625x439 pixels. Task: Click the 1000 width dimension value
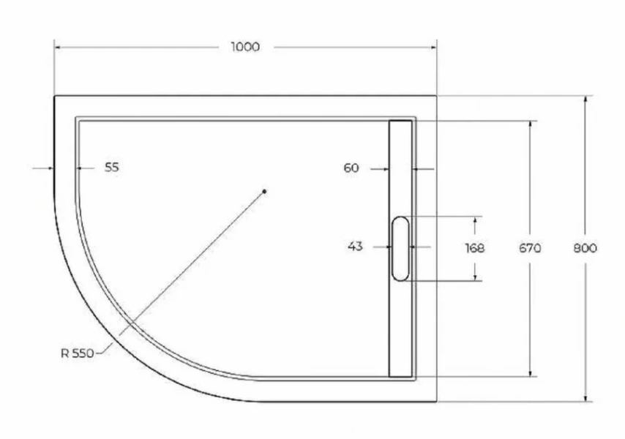245,47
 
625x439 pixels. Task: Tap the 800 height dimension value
585,248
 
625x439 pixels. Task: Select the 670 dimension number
530,248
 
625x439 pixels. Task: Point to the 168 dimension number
475,248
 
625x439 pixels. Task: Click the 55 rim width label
111,168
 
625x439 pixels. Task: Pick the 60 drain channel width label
351,168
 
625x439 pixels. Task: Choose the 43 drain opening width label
355,247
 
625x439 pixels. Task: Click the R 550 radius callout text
77,353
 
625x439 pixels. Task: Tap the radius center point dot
265,192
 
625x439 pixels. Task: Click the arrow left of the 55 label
50,168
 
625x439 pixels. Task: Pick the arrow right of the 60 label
416,169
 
